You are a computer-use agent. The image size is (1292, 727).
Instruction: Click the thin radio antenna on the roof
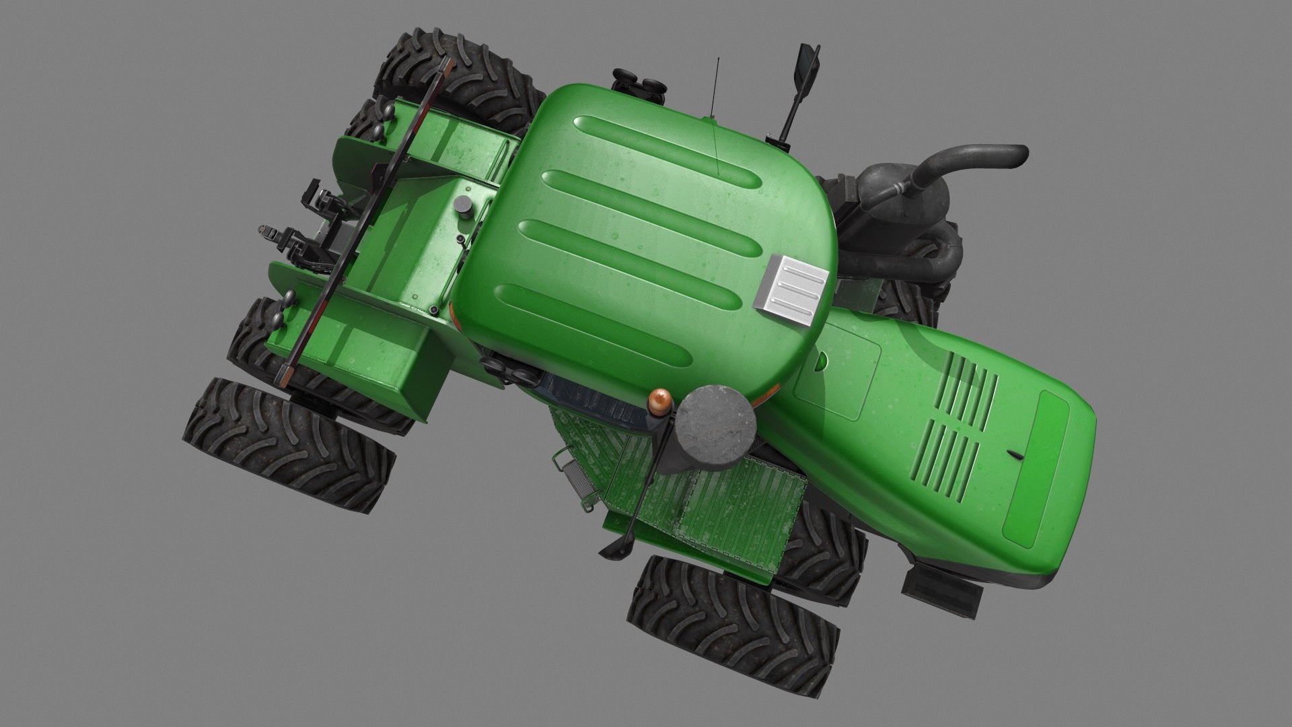tap(717, 114)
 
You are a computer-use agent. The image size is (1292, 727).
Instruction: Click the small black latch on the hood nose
tap(1017, 455)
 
